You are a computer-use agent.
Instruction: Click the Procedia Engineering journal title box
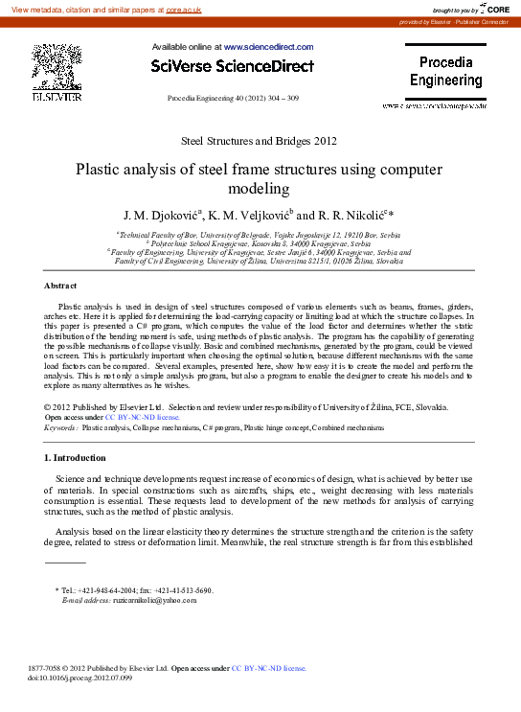445,73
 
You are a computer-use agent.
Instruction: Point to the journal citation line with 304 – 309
233,99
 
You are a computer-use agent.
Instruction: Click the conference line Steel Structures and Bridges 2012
259,141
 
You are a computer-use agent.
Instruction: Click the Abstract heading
60,286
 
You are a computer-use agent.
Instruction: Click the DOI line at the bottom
80,678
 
